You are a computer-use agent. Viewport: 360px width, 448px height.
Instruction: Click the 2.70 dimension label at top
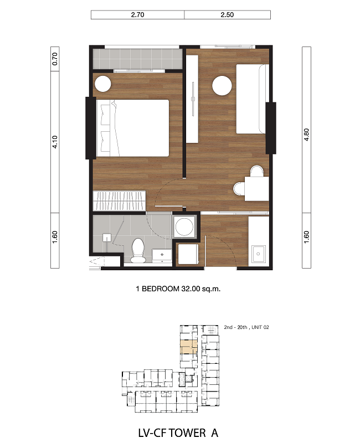tap(137, 15)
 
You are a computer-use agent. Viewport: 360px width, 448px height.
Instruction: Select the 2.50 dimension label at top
tap(227, 15)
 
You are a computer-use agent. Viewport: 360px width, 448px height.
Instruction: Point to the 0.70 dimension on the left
tap(55, 59)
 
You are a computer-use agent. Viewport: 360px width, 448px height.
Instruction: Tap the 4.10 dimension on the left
tap(55, 142)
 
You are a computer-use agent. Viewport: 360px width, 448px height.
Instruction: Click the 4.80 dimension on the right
tap(307, 135)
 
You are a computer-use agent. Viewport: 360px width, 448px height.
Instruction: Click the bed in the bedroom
tap(133, 128)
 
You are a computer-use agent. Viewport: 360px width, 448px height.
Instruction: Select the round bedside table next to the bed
tap(103, 84)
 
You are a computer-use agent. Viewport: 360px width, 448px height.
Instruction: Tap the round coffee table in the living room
tap(222, 85)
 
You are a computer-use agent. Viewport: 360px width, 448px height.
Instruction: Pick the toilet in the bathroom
tap(138, 250)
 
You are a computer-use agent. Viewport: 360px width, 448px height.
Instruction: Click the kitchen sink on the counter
tap(258, 254)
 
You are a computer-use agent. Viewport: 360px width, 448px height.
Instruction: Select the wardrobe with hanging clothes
tap(119, 200)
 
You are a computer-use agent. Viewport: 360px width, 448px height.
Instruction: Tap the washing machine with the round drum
tap(184, 227)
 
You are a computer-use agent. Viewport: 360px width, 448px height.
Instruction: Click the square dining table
tap(256, 189)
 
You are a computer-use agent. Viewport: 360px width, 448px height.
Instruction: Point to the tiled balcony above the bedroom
tap(138, 59)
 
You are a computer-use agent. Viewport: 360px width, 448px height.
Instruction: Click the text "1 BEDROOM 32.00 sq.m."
tap(178, 289)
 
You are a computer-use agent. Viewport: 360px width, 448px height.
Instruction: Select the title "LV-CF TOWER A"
tap(178, 433)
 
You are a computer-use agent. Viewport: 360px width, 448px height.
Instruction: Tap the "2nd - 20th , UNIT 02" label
tap(246, 327)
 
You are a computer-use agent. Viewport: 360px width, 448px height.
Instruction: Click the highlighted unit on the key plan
tap(188, 347)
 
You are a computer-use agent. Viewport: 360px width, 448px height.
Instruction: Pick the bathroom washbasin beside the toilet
tap(162, 256)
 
